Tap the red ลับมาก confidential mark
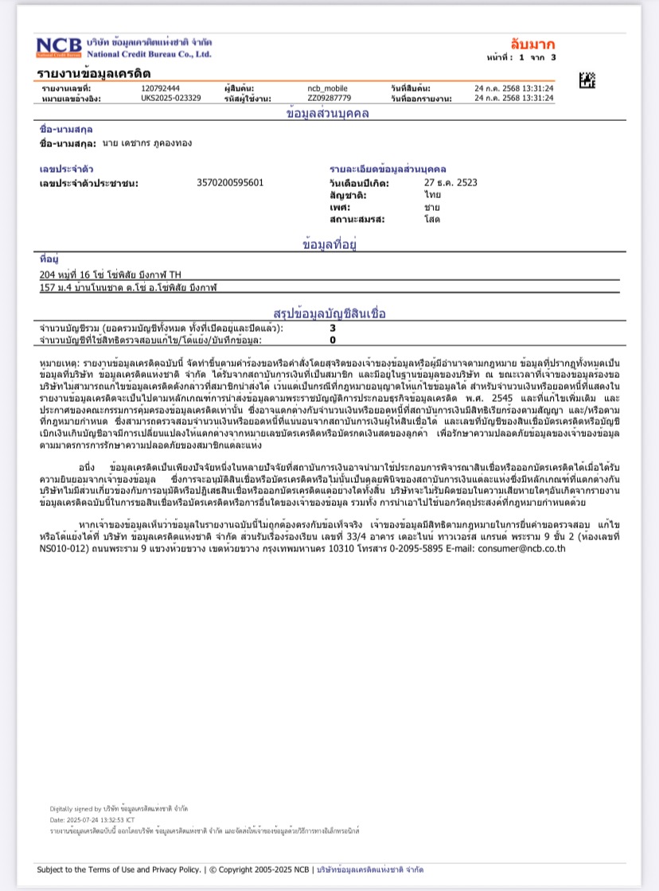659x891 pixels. (x=532, y=44)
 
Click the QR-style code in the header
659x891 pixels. (x=587, y=80)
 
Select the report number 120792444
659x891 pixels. (x=160, y=88)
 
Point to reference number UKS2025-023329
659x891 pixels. (x=170, y=98)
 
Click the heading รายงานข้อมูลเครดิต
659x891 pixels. (x=93, y=73)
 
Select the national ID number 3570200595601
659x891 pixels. (x=230, y=182)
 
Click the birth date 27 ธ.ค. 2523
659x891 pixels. (x=450, y=182)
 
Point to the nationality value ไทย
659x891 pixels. (x=432, y=194)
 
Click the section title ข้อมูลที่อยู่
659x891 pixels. (x=329, y=244)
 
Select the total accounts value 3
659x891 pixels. (x=333, y=327)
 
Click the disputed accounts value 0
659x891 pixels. (x=333, y=340)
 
